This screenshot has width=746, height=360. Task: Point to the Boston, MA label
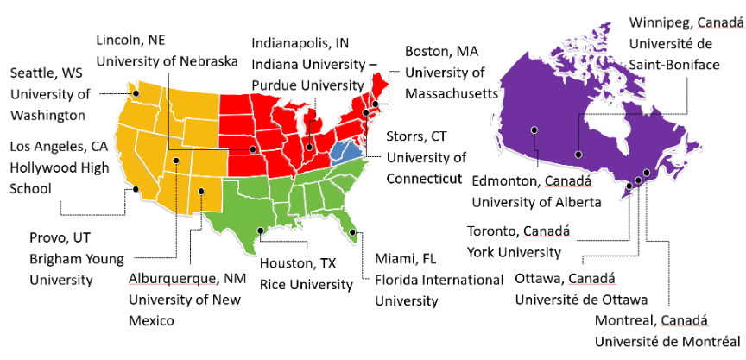coord(441,52)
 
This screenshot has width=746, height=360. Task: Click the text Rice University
coord(306,283)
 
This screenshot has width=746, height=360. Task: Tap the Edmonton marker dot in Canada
coord(535,130)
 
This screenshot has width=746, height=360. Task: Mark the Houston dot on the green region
coord(260,230)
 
